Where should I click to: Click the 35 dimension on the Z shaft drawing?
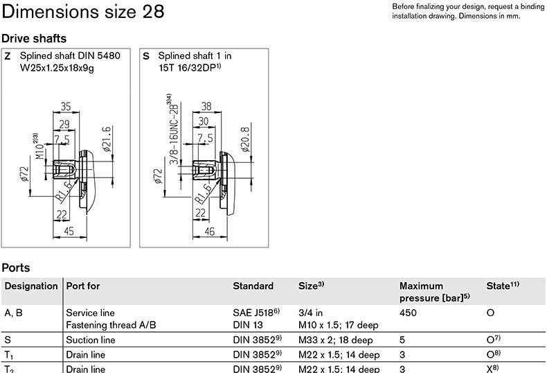tap(66, 106)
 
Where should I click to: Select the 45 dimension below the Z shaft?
tap(69, 231)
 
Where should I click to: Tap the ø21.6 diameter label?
tap(107, 139)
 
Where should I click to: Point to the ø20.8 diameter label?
tap(245, 139)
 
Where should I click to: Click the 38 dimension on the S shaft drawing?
tap(206, 106)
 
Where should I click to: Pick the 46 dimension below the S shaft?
tap(209, 231)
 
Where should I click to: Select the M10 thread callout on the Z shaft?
tap(39, 146)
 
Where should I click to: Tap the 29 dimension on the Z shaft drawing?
tap(64, 124)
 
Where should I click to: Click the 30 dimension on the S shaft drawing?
tap(204, 121)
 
